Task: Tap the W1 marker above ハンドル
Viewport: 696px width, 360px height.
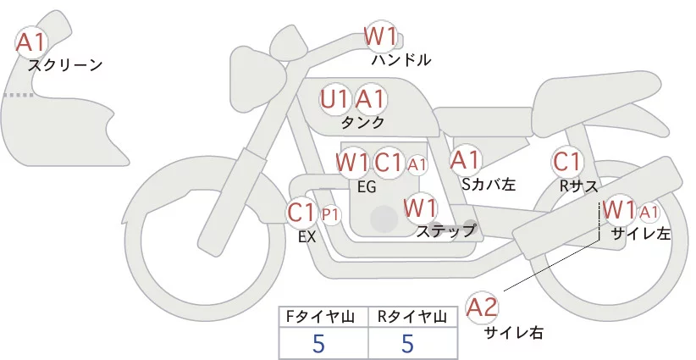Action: click(x=380, y=36)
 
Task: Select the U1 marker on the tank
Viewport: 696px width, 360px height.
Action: click(x=334, y=99)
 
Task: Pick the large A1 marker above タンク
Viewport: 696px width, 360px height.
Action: click(x=371, y=99)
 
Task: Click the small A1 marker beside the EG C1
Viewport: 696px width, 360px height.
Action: click(x=417, y=163)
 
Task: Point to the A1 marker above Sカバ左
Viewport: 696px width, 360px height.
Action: click(x=465, y=159)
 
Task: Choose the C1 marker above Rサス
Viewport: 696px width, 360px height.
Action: click(x=566, y=161)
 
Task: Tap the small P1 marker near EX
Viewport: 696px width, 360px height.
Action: click(x=330, y=214)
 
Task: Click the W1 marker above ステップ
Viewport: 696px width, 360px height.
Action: click(x=420, y=207)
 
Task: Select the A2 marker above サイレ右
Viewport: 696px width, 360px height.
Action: click(x=483, y=307)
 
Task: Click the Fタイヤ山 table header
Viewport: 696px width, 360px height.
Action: click(x=325, y=317)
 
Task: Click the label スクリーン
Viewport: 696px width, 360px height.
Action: click(x=65, y=65)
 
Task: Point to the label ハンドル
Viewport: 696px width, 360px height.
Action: click(x=401, y=60)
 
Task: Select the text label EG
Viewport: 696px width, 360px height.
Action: click(x=366, y=186)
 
